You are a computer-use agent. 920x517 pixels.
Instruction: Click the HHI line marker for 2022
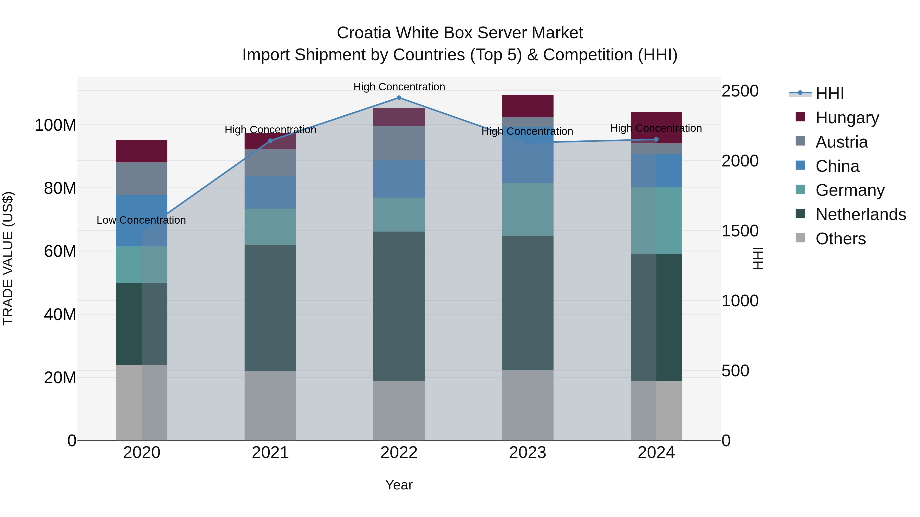399,98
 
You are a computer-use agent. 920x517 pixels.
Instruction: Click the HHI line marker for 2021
270,141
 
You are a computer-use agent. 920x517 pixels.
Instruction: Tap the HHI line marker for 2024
656,139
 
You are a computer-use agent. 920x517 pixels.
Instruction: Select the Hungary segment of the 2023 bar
527,106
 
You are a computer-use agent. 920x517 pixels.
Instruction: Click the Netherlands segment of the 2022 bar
399,306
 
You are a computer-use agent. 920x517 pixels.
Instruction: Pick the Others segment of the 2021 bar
270,406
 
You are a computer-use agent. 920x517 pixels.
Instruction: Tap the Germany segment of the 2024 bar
656,221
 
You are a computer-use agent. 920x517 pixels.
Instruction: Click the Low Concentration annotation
141,220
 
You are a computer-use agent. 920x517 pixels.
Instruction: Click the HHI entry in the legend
829,93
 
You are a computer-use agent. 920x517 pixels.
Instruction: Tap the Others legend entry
840,239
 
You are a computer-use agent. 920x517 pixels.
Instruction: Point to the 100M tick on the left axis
55,126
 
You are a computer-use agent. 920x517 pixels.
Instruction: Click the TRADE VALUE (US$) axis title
8,258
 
